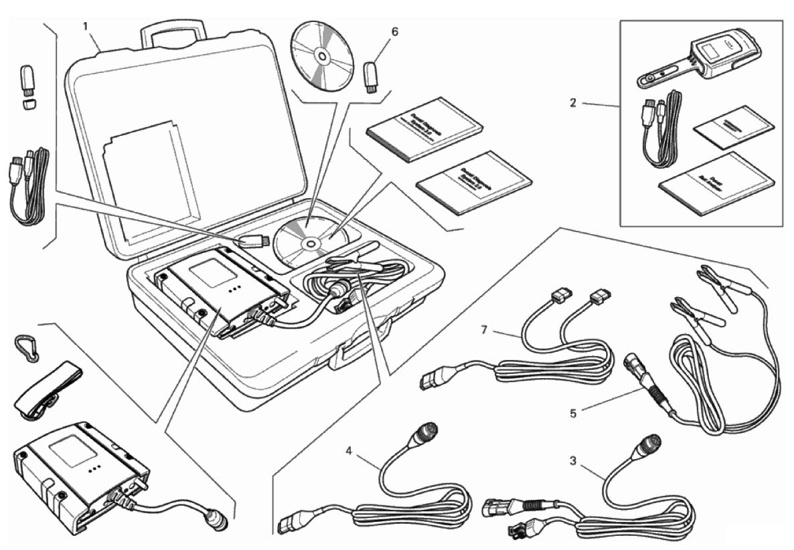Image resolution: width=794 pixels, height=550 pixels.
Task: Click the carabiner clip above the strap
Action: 25,345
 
